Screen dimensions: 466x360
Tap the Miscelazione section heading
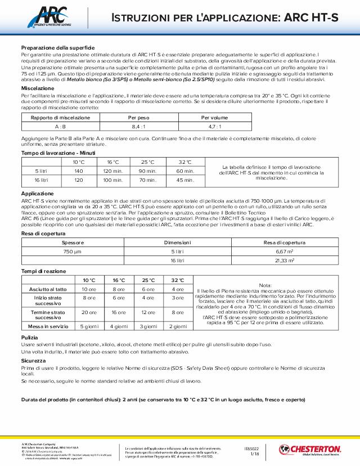point(37,88)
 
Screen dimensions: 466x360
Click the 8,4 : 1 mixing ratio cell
point(138,127)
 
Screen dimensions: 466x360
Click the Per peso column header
point(138,117)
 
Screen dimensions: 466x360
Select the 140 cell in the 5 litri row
point(79,171)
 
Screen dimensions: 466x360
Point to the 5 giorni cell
point(89,326)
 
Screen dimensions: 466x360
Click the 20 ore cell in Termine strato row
point(89,312)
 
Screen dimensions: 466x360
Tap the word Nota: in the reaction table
point(265,285)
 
